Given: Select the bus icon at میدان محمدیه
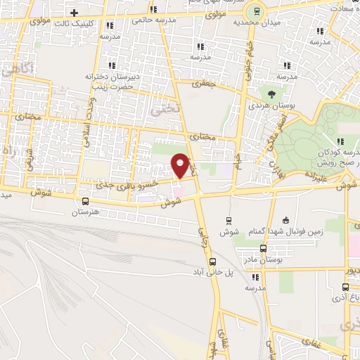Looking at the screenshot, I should click(257, 11).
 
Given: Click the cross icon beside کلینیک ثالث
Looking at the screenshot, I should click(74, 13).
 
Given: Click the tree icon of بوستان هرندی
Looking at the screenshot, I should click(270, 93).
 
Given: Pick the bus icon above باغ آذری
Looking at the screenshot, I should click(345, 286).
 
